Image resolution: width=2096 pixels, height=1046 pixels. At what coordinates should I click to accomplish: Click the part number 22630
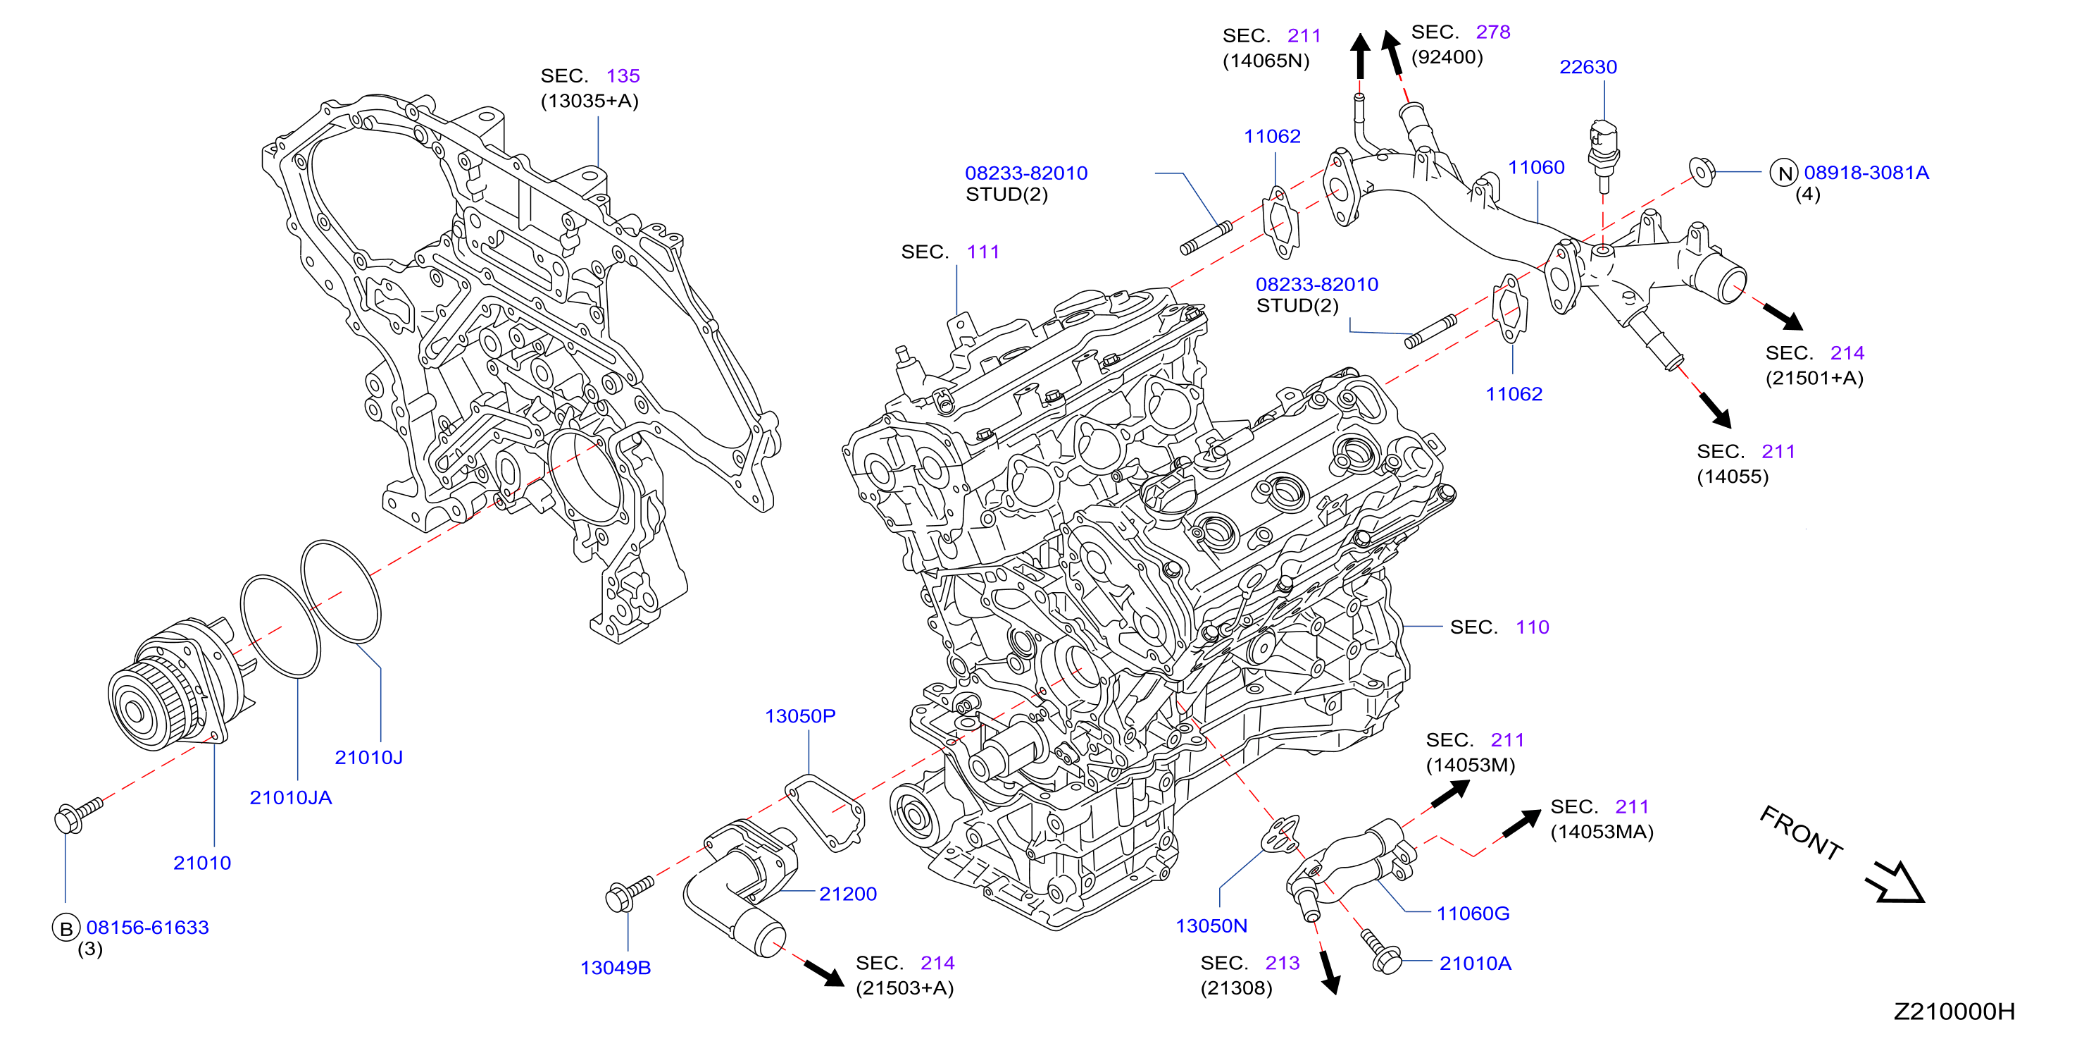(x=1587, y=67)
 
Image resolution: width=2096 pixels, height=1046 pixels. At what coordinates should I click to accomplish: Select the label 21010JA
(x=290, y=797)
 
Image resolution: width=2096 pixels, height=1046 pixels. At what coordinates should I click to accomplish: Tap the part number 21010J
(x=368, y=757)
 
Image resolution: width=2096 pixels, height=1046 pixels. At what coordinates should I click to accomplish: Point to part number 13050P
(x=800, y=715)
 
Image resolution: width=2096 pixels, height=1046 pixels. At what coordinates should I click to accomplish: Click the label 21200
(x=848, y=894)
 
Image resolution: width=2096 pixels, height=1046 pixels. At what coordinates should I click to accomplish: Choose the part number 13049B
(x=615, y=967)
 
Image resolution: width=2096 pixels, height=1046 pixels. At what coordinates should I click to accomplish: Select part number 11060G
(x=1473, y=913)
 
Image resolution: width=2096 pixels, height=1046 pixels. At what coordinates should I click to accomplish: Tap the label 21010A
(x=1476, y=963)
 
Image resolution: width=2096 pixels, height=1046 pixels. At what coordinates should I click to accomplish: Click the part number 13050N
(x=1211, y=925)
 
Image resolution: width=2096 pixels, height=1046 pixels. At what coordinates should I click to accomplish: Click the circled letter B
(x=66, y=928)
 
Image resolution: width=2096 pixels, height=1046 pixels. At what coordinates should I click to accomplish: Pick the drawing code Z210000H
(x=1954, y=1011)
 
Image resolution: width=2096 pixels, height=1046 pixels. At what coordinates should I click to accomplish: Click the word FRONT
(x=1801, y=832)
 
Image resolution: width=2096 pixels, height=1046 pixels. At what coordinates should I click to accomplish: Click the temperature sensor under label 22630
(x=1603, y=154)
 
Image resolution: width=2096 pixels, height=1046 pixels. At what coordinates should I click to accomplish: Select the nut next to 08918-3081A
(x=1702, y=172)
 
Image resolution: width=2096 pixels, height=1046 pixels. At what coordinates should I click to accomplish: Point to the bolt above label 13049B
(x=629, y=893)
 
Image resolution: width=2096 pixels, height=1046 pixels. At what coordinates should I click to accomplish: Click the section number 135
(x=623, y=75)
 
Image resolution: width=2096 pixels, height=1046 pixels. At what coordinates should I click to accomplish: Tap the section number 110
(x=1532, y=627)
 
